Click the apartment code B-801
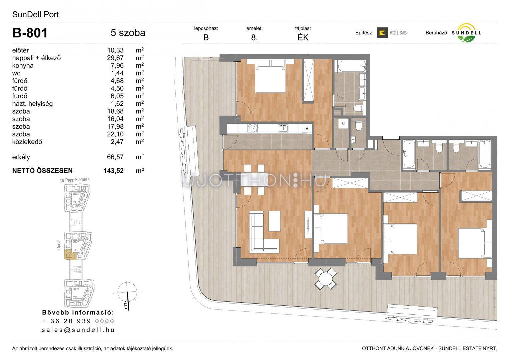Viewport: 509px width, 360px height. point(30,33)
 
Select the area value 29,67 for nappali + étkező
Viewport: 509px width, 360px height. point(115,58)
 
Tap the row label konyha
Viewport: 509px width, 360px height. point(23,65)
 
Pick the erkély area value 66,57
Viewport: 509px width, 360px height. point(115,157)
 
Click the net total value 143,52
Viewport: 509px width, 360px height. point(114,171)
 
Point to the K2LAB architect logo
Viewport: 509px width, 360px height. point(392,33)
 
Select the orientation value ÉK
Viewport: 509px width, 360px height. point(303,37)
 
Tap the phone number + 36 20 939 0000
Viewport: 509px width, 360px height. point(78,321)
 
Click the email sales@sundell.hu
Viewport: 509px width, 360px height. point(78,330)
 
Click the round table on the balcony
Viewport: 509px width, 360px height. point(326,279)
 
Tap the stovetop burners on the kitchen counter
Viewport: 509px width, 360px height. point(252,128)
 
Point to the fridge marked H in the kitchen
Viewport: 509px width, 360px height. point(307,128)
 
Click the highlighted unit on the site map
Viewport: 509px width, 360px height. point(70,255)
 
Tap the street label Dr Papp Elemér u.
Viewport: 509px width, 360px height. point(76,180)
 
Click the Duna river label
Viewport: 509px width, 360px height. point(59,245)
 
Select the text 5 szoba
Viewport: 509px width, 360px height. point(128,33)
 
